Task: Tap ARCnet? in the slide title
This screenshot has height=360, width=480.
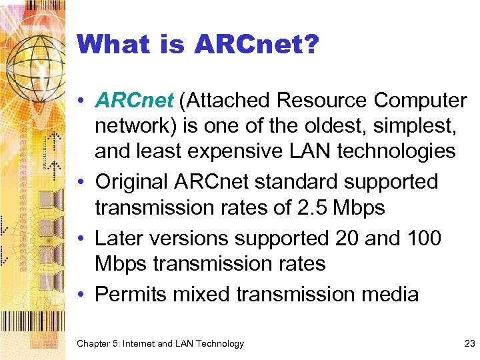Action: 257,45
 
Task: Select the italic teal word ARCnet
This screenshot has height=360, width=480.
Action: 134,100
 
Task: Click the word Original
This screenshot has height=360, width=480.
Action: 133,181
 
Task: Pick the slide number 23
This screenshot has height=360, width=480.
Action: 469,343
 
